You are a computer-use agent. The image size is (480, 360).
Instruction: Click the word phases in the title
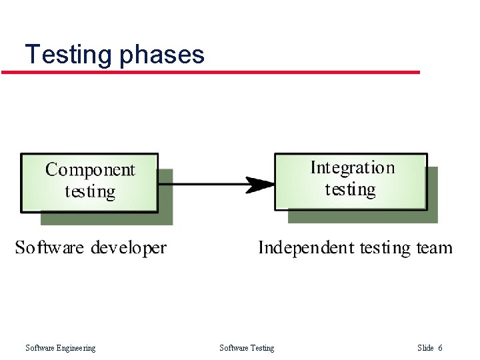tap(162, 55)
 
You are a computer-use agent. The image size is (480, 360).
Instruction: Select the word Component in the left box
tap(90, 170)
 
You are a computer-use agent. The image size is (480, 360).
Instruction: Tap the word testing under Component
tap(90, 192)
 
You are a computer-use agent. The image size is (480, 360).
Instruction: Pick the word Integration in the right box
tap(353, 168)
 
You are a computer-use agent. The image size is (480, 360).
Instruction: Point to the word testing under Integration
tap(351, 190)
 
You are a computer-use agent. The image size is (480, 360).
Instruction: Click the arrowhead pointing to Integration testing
tap(261, 184)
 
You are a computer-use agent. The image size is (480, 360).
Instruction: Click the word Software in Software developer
tap(50, 248)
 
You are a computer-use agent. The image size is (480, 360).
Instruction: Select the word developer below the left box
tap(129, 249)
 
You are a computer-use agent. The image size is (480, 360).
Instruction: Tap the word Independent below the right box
tap(307, 248)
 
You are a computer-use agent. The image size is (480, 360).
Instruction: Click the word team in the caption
tap(434, 249)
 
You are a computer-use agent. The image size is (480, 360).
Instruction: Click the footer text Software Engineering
tap(60, 347)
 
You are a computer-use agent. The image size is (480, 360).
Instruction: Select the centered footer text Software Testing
tap(247, 347)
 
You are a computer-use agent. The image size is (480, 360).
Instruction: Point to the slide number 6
tap(440, 347)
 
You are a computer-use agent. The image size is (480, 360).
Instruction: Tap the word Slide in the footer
tap(425, 347)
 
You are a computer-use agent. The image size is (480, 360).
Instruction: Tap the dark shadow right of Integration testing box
tap(433, 193)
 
